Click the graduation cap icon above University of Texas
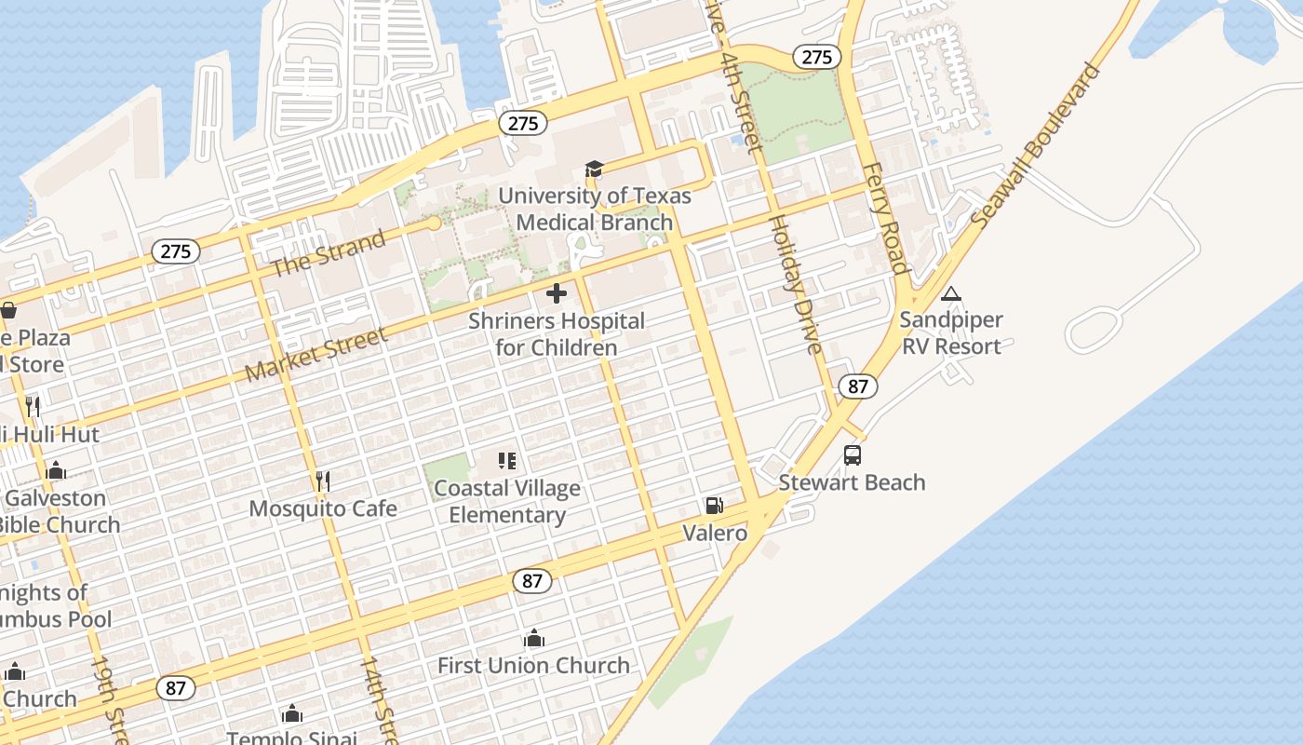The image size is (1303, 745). pos(594,169)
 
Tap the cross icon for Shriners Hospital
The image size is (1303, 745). pos(557,293)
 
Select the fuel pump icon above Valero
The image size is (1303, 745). pos(714,506)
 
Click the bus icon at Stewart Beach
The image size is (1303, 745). pos(852,455)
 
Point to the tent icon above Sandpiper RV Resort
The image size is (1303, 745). pos(950,293)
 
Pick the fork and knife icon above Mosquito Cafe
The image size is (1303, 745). pos(323,481)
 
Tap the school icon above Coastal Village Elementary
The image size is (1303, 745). pos(507,460)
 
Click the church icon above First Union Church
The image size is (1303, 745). pos(533,638)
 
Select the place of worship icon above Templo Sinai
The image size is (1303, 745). pos(292,713)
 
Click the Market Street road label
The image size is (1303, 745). pos(316,355)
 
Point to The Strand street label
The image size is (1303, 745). pos(328,253)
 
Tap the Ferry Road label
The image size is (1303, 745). pos(885,219)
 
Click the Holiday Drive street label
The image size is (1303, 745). pos(795,285)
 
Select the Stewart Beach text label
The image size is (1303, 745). pos(852,482)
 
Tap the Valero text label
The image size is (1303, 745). pos(715,534)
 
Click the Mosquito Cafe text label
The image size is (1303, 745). pos(323,508)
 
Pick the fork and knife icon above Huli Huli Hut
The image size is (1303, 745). pos(33,406)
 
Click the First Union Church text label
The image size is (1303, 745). pos(533,666)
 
